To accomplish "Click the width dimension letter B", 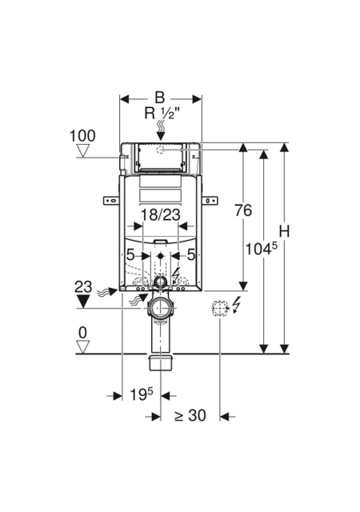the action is tap(159, 98).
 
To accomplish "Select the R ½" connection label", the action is tap(162, 114).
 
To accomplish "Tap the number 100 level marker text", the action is tap(82, 136).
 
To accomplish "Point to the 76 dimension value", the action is tap(243, 210).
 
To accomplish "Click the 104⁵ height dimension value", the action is tap(261, 249).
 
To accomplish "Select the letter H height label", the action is tap(285, 232).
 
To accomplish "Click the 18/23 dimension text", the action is tap(160, 215).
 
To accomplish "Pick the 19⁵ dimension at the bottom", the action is tap(142, 394).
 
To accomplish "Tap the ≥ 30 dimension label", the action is tap(190, 415).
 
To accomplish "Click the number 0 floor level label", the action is tap(82, 333).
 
